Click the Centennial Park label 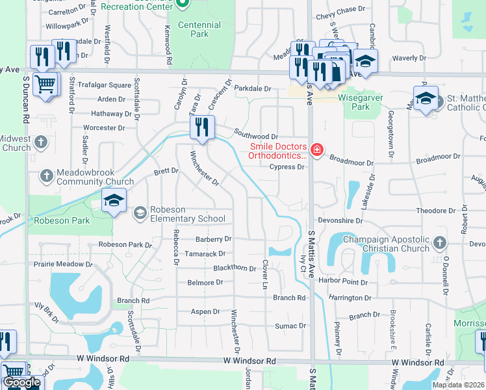pyautogui.click(x=199, y=29)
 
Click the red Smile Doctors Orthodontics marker pyautogui.click(x=316, y=151)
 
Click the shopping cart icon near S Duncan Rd pyautogui.click(x=44, y=84)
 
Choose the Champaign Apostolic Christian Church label pyautogui.click(x=386, y=244)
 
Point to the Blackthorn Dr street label pyautogui.click(x=235, y=268)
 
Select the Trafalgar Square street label pyautogui.click(x=105, y=85)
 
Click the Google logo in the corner pyautogui.click(x=21, y=382)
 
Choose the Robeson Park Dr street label pyautogui.click(x=125, y=245)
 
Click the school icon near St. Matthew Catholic pyautogui.click(x=426, y=98)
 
